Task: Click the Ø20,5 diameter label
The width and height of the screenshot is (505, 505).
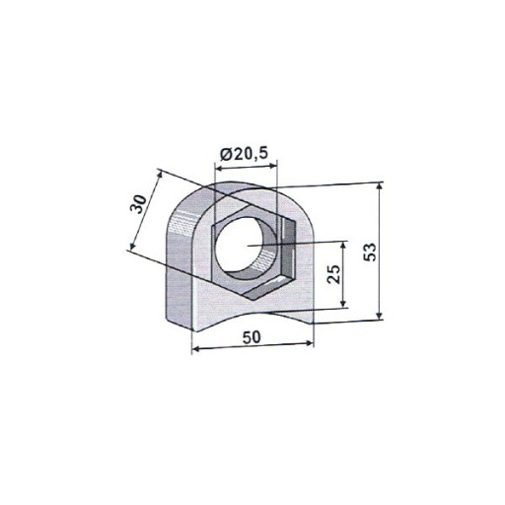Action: [244, 154]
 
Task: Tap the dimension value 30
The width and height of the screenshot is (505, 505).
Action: [138, 204]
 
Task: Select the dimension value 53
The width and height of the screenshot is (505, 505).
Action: [370, 252]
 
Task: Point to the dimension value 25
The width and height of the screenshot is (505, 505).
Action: [333, 273]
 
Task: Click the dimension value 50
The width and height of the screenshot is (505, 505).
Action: [252, 337]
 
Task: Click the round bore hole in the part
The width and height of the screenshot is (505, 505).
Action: [246, 245]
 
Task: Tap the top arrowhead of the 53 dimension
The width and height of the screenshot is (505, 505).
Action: [380, 186]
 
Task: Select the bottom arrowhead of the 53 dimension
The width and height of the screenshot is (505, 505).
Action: [380, 316]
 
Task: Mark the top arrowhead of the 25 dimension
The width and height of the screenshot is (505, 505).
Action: [343, 245]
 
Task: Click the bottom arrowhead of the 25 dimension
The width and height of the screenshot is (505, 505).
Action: [343, 303]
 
